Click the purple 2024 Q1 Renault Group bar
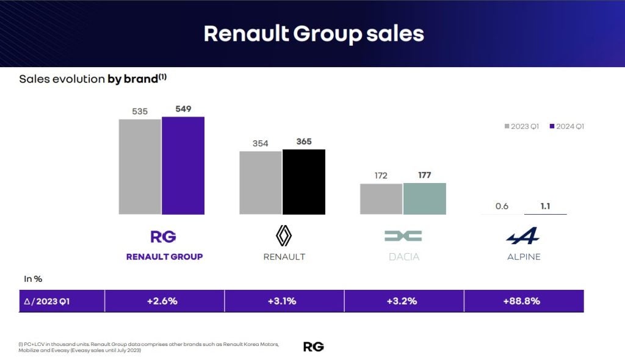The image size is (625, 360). pyautogui.click(x=183, y=165)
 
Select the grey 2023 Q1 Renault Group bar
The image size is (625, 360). pyautogui.click(x=140, y=167)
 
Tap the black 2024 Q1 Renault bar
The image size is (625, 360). pyautogui.click(x=303, y=182)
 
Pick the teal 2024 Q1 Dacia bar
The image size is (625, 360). pyautogui.click(x=425, y=198)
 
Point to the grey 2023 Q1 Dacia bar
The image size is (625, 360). pyautogui.click(x=381, y=199)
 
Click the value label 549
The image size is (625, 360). pyautogui.click(x=183, y=109)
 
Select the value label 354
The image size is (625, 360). pyautogui.click(x=261, y=143)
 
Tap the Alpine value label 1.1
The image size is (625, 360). pyautogui.click(x=545, y=206)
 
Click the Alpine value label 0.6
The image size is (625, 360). pyautogui.click(x=502, y=206)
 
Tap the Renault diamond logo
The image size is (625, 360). pyautogui.click(x=284, y=236)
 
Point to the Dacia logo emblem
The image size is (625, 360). pyautogui.click(x=403, y=236)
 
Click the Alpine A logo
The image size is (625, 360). pyautogui.click(x=523, y=236)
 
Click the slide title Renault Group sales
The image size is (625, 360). pyautogui.click(x=313, y=34)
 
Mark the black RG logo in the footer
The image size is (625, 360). pyautogui.click(x=313, y=347)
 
